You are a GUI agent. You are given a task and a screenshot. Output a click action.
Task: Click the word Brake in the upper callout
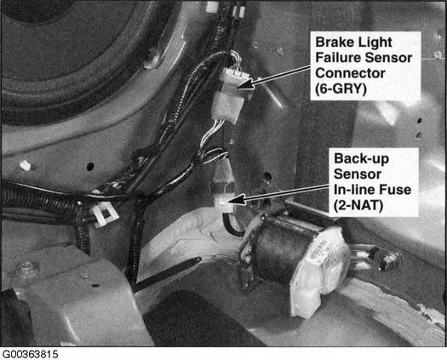(332, 43)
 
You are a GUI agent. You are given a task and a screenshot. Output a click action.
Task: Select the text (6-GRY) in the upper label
(341, 89)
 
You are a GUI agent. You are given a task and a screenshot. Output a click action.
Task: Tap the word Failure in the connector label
(338, 58)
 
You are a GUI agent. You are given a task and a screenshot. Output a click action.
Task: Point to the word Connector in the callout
(350, 73)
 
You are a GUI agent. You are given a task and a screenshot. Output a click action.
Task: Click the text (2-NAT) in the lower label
(358, 205)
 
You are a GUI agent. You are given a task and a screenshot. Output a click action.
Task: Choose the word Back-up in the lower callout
(361, 159)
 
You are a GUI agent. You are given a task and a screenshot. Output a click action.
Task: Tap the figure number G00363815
(30, 354)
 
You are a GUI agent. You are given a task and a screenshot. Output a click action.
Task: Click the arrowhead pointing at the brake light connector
(245, 83)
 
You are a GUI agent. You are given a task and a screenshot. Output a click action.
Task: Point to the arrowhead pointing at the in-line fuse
(238, 199)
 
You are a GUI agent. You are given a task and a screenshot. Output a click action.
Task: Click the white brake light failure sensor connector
(230, 95)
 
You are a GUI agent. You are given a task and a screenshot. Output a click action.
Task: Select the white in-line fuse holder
(225, 188)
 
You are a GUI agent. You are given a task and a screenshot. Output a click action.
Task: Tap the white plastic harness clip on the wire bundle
(105, 214)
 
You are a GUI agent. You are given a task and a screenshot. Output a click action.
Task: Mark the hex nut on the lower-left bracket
(27, 268)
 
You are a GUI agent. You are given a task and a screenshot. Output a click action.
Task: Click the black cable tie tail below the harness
(169, 274)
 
